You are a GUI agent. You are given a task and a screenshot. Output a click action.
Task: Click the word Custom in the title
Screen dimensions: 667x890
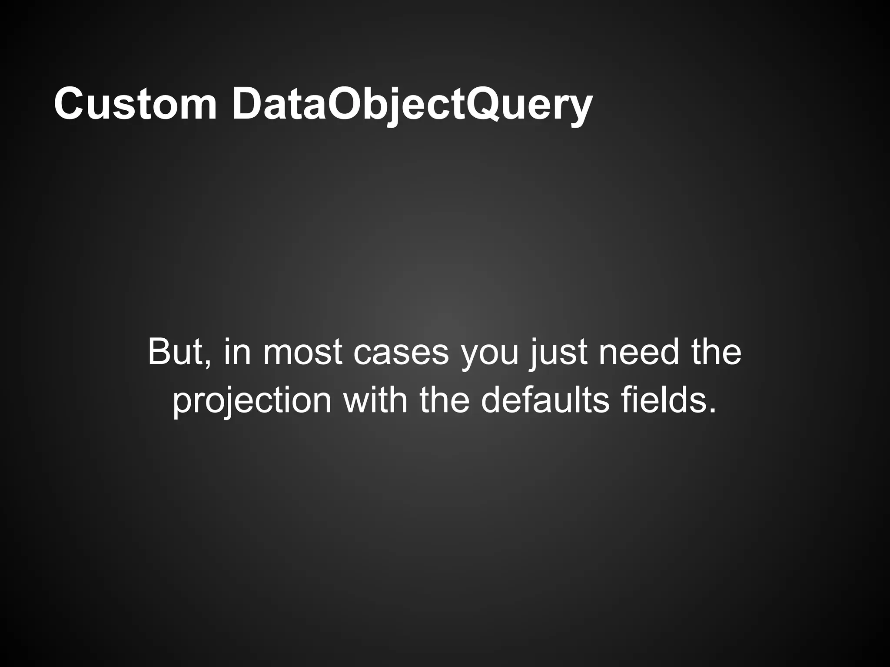(135, 104)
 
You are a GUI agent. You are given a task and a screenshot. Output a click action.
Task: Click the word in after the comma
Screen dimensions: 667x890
(237, 352)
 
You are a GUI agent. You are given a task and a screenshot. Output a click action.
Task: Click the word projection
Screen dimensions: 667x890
(252, 400)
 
